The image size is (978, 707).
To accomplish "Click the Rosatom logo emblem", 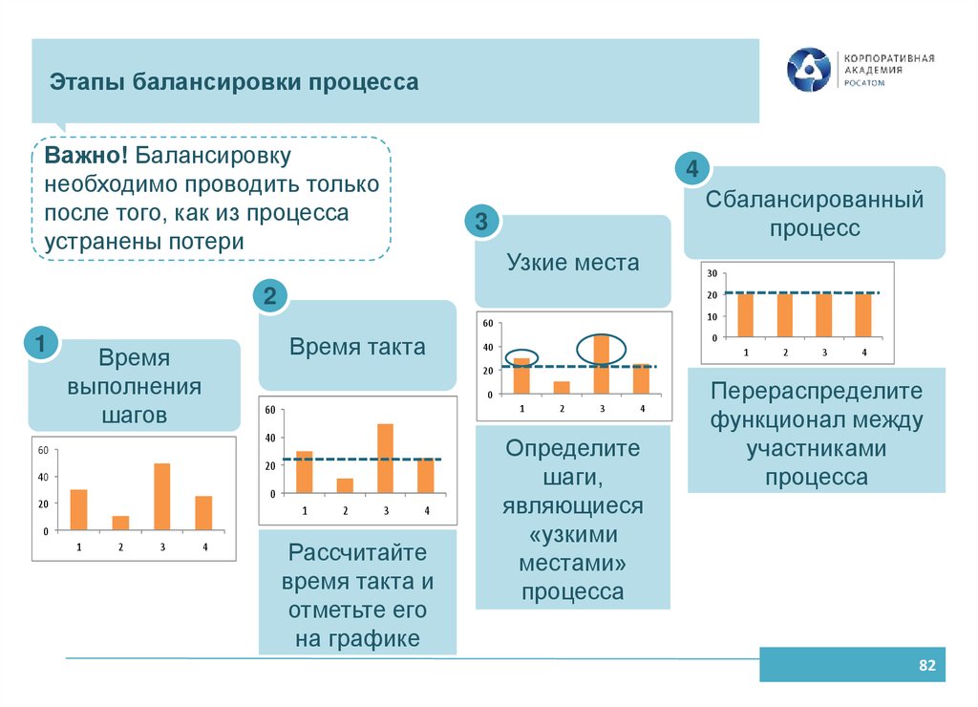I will pos(809,71).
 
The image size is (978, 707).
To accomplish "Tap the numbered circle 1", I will pos(40,343).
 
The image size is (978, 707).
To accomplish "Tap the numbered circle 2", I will pos(270,296).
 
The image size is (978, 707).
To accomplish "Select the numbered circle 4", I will pos(691,170).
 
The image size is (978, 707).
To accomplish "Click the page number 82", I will pos(925,665).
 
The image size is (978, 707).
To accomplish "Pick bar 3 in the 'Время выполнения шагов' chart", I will pos(162,497).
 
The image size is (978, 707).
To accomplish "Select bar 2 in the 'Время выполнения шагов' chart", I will pos(120,523).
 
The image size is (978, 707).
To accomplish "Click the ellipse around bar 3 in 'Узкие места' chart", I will pos(601,348).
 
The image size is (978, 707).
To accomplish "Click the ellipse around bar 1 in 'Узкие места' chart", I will pos(521,356).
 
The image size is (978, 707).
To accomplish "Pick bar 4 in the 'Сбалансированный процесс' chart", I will pos(863,315).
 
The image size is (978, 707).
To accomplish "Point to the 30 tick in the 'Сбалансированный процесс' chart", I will pos(712,274).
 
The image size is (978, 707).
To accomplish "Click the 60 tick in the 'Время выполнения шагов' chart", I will pos(41,449).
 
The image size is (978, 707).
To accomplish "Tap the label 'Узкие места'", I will pos(573,262).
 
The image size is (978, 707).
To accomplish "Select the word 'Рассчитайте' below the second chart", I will pos(357,552).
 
